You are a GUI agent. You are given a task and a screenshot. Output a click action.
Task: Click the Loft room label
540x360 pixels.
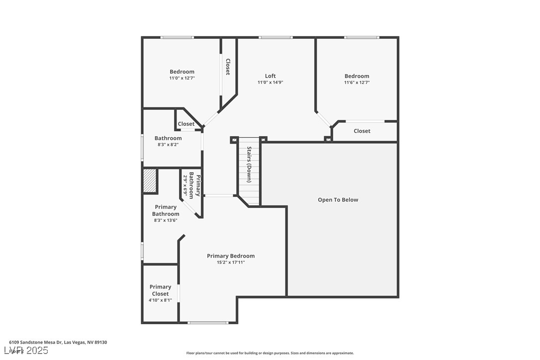[x=270, y=76]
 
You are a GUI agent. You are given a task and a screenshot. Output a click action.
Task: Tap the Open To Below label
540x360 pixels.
[x=338, y=200]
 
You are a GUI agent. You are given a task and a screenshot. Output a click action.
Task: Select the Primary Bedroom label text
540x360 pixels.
[x=231, y=256]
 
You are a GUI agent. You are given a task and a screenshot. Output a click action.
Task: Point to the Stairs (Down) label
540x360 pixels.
[x=249, y=165]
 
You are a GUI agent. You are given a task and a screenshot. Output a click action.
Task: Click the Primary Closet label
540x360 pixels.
[x=160, y=290]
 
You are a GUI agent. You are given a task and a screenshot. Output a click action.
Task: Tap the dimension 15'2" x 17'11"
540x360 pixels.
[x=231, y=263]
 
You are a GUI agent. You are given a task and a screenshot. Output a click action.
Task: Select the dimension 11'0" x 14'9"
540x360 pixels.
[x=270, y=83]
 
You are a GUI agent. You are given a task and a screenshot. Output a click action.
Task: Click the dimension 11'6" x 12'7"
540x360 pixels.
[x=357, y=83]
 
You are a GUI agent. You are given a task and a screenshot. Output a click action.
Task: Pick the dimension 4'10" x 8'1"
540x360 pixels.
[x=160, y=300]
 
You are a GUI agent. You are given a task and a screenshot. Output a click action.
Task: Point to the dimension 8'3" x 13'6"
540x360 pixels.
[x=166, y=220]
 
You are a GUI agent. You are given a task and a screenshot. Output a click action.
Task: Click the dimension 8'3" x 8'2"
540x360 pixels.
[x=168, y=145]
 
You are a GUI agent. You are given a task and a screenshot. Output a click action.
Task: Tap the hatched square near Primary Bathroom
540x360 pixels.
[x=150, y=180]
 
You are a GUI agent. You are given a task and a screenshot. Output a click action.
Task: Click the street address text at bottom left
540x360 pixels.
[x=58, y=342]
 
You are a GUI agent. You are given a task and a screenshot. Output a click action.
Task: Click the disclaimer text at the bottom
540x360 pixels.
[x=270, y=353]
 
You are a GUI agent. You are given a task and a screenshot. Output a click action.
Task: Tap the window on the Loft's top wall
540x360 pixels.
[x=275, y=37]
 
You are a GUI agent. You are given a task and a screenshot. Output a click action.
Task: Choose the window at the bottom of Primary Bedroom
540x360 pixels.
[x=208, y=323]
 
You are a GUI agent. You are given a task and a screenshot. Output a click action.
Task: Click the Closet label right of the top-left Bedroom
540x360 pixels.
[x=228, y=67]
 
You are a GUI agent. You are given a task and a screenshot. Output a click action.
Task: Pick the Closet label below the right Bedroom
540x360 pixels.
[x=361, y=131]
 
